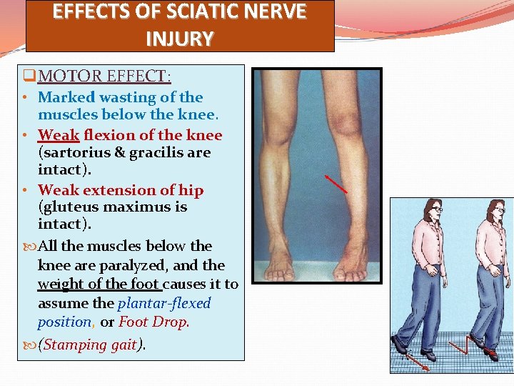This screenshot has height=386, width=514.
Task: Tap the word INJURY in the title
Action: pyautogui.click(x=179, y=38)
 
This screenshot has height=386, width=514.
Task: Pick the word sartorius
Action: pyautogui.click(x=72, y=152)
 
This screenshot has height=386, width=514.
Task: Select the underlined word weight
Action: pyautogui.click(x=60, y=284)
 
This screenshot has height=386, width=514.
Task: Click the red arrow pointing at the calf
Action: pyautogui.click(x=336, y=183)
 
